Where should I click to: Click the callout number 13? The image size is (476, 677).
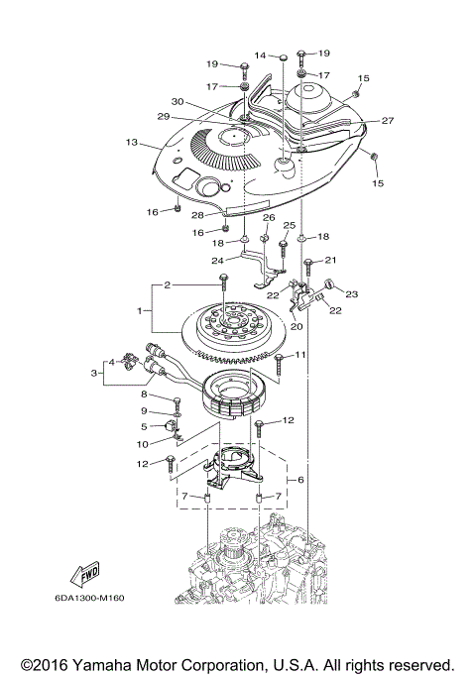[132, 143]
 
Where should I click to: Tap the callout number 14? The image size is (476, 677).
[260, 55]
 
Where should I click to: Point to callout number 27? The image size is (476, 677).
[388, 121]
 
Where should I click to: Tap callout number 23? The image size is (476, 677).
[352, 293]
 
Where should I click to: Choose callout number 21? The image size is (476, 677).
[331, 260]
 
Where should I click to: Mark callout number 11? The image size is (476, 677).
[300, 354]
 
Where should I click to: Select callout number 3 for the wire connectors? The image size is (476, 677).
[93, 373]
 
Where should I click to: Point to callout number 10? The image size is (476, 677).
[143, 442]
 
